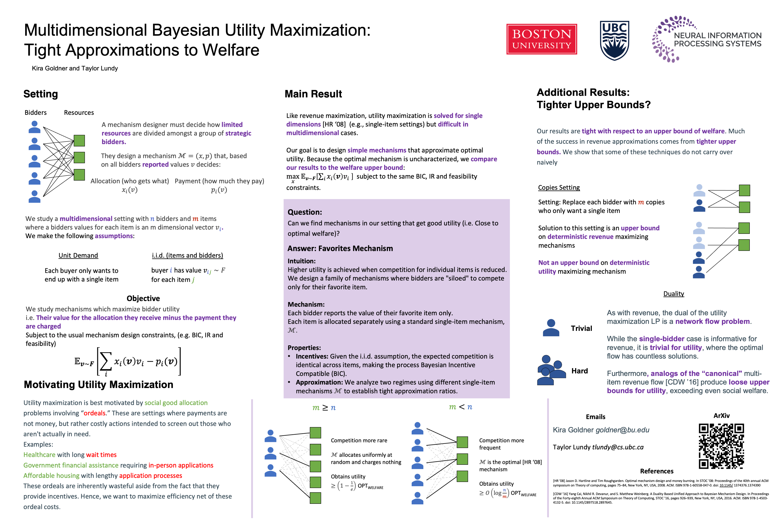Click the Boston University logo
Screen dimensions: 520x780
(541, 39)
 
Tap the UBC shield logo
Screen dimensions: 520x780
(614, 41)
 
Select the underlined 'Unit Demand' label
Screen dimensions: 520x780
(78, 255)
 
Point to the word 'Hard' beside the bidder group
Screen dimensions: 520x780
(579, 371)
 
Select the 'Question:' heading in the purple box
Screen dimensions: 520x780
(304, 212)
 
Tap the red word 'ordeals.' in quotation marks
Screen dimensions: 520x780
(95, 413)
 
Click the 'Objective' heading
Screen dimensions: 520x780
(143, 299)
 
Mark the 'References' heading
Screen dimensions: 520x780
(657, 471)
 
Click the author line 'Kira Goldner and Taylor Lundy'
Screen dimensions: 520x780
(75, 68)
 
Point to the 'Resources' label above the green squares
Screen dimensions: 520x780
(79, 113)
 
